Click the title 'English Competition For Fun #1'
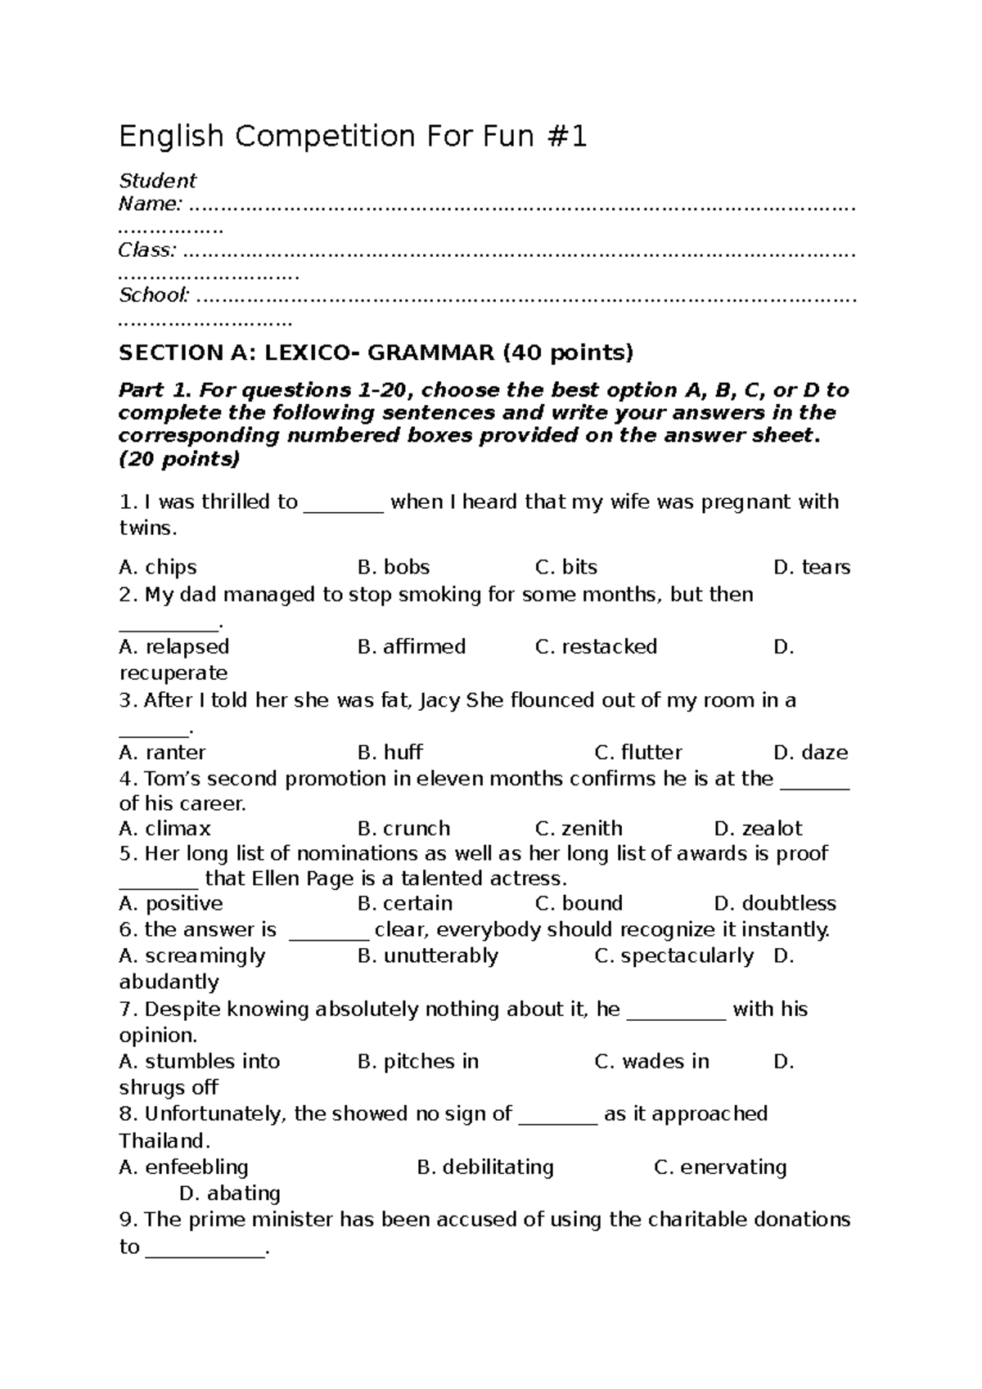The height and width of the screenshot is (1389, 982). (x=353, y=137)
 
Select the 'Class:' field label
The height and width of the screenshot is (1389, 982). (x=147, y=249)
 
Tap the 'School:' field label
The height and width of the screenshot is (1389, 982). (x=155, y=294)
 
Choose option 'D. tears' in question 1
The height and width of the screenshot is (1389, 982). (x=811, y=567)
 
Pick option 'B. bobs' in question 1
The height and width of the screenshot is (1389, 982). (x=394, y=567)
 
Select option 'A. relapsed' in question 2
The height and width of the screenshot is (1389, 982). (x=173, y=646)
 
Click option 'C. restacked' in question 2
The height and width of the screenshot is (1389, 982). (x=596, y=646)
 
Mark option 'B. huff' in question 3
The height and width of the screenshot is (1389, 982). (x=390, y=752)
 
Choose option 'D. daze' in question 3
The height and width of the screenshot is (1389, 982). (x=810, y=752)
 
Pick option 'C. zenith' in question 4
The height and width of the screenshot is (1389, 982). (x=579, y=828)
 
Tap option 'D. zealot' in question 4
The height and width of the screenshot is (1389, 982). (x=758, y=828)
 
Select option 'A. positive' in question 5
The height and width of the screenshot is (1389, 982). (x=170, y=903)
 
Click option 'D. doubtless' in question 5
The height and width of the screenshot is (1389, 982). (x=774, y=903)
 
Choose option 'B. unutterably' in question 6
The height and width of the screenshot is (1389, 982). (x=427, y=955)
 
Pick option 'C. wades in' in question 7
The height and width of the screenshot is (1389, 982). (x=651, y=1061)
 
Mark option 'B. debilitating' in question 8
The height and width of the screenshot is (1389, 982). (x=484, y=1166)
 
